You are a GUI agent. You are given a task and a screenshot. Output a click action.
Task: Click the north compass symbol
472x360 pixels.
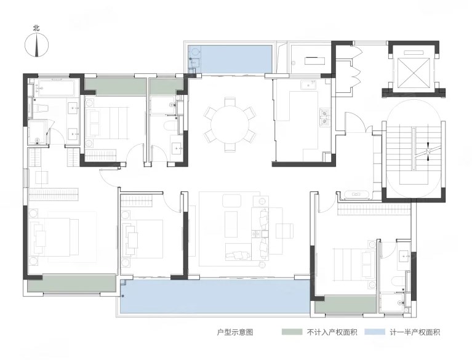[x=36, y=45]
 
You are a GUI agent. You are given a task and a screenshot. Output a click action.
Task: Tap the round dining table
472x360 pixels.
[x=230, y=124]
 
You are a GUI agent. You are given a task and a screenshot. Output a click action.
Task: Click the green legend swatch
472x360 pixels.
[x=292, y=332]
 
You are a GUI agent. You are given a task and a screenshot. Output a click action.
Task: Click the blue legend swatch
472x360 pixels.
[x=375, y=332]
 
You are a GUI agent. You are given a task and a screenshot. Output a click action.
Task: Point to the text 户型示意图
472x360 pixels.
[x=235, y=332]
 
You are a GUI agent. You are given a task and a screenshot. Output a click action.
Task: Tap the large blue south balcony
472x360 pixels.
[x=215, y=297]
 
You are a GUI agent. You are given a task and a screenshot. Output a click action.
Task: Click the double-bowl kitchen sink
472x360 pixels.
[x=324, y=117]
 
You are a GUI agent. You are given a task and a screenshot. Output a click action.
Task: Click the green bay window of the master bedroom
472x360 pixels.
[x=71, y=283]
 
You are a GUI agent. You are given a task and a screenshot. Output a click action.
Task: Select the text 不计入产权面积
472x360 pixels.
[x=332, y=332]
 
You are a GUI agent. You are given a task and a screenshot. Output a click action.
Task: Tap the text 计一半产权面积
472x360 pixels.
[x=415, y=332]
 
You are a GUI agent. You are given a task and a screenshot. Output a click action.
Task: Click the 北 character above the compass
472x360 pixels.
[x=36, y=28]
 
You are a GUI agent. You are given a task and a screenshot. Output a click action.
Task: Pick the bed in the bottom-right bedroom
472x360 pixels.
[x=353, y=263]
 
